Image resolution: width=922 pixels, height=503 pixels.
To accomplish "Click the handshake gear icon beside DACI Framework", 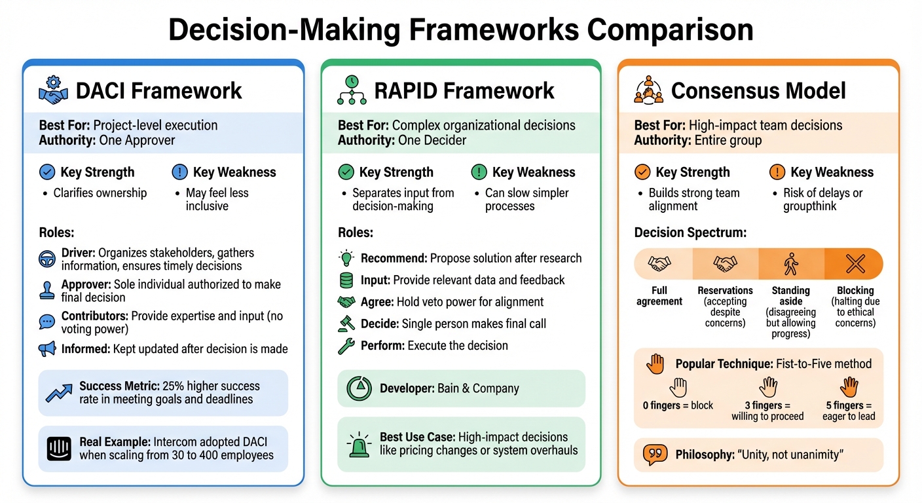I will tap(53, 90).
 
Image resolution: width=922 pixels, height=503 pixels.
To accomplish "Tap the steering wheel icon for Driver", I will tap(47, 259).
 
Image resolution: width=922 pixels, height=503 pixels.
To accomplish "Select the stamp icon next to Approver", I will tap(47, 290).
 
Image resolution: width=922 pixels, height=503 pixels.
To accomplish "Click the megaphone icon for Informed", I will tap(47, 349).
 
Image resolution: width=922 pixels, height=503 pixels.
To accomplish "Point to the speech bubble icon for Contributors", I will tap(47, 322).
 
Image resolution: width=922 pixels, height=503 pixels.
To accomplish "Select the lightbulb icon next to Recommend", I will tap(346, 258).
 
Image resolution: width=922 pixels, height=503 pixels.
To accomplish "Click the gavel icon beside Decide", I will tap(346, 324).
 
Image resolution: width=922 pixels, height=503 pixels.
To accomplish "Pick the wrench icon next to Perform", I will tap(346, 346).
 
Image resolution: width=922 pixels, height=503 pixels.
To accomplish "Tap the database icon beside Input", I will tap(346, 280).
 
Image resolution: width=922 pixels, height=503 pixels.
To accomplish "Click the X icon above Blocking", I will tap(855, 264).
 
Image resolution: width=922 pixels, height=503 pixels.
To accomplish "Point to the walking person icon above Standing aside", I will tap(790, 264).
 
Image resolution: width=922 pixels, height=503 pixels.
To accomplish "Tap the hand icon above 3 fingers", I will tap(767, 386).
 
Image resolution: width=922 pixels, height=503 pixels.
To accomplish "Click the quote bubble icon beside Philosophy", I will tap(655, 455).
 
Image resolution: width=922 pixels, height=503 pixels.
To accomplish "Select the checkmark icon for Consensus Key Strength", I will tap(642, 172).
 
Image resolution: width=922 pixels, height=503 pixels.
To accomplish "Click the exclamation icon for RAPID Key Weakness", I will tap(479, 172).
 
